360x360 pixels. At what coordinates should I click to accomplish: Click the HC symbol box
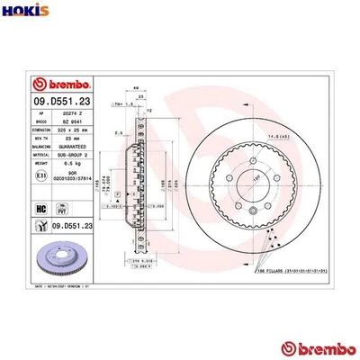pyautogui.click(x=41, y=209)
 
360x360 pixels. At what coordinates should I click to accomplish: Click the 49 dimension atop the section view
pyautogui.click(x=136, y=87)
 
